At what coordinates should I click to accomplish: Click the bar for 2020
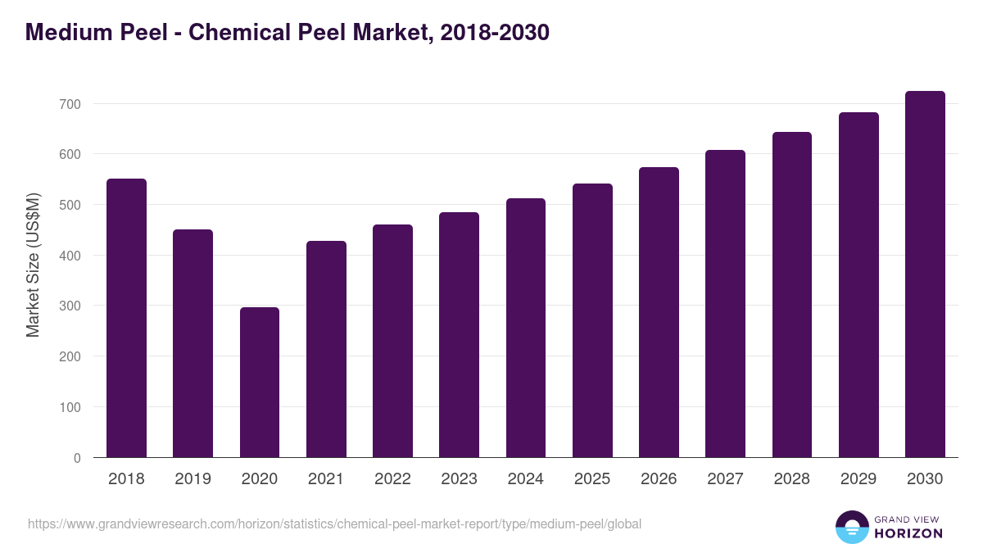260,383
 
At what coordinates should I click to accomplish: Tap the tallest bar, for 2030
925,274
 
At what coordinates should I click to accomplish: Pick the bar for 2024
526,328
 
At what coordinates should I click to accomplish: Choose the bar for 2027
725,304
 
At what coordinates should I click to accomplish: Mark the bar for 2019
193,343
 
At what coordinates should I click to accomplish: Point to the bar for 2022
392,341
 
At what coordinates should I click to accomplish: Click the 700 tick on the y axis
70,104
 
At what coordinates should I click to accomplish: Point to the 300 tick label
70,306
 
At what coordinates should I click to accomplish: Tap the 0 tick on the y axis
77,458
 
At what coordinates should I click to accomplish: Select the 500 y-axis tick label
70,205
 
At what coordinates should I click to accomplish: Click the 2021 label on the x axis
326,479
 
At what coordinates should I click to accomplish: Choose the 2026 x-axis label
659,479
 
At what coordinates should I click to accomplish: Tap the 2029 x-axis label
858,479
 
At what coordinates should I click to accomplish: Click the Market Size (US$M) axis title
33,265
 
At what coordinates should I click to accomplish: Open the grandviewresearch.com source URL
334,524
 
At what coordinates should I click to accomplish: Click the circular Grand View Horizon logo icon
851,527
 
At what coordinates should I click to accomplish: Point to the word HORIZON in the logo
908,533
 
